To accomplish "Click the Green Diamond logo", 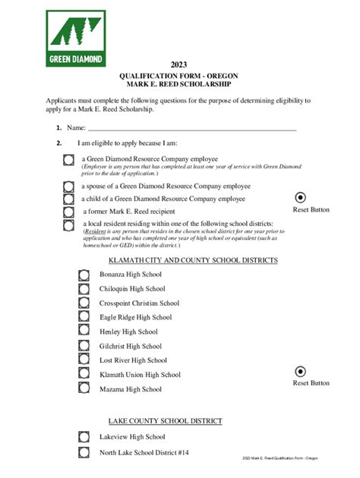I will pyautogui.click(x=76, y=39).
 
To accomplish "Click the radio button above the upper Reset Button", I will pyautogui.click(x=300, y=197).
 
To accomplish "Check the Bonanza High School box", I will pyautogui.click(x=84, y=275).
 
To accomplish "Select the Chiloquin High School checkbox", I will pyautogui.click(x=84, y=289).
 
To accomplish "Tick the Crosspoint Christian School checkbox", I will pyautogui.click(x=84, y=303).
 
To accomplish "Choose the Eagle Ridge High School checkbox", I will pyautogui.click(x=84, y=317).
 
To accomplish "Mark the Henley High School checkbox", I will pyautogui.click(x=84, y=332).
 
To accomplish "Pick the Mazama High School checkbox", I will pyautogui.click(x=84, y=388).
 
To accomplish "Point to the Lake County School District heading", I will pyautogui.click(x=165, y=420).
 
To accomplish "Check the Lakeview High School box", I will pyautogui.click(x=84, y=436).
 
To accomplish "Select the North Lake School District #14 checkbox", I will pyautogui.click(x=84, y=453).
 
